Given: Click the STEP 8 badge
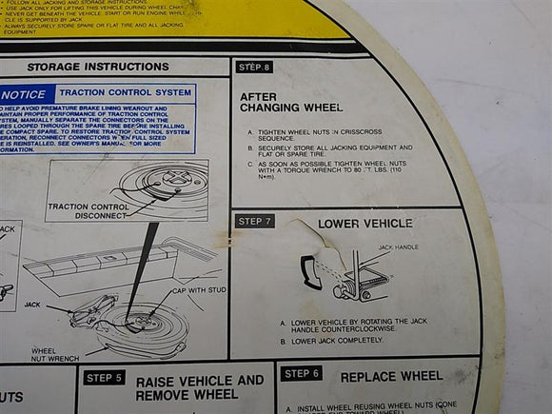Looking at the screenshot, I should click(254, 68).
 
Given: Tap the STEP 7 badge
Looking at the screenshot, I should click(254, 221).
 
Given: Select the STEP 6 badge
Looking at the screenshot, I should click(302, 374).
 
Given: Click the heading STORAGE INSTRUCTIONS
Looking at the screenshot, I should click(98, 68).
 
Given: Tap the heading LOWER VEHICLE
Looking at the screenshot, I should click(365, 224).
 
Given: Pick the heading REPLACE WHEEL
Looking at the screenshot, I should click(392, 377).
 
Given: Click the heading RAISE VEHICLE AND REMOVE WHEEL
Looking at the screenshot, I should click(199, 387).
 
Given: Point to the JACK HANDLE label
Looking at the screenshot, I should click(398, 247).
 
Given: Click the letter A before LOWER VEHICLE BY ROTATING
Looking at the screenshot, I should click(283, 324).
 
